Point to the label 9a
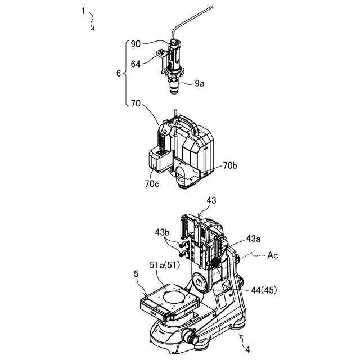click(x=200, y=84)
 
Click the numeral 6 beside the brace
click(x=118, y=73)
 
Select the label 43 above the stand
click(x=211, y=200)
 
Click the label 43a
click(x=251, y=238)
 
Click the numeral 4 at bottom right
click(x=247, y=349)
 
